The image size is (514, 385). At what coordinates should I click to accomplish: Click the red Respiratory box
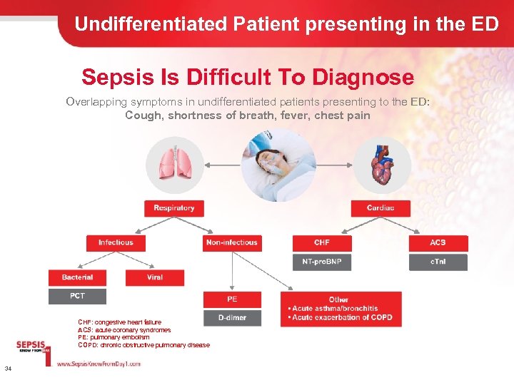[x=173, y=207]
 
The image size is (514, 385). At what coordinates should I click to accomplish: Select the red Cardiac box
[x=381, y=207]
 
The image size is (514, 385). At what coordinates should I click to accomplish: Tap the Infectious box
[x=116, y=242]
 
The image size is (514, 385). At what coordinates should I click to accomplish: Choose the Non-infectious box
[x=232, y=242]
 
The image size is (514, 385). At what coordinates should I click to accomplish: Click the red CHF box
[x=322, y=242]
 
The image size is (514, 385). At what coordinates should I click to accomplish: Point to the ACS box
[x=438, y=242]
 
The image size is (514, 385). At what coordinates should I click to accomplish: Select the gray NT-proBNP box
[x=322, y=262]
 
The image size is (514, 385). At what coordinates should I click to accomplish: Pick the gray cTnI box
[x=438, y=262]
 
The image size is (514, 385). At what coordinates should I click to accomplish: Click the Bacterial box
[x=77, y=277]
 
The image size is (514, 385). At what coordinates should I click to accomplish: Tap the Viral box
[x=155, y=277]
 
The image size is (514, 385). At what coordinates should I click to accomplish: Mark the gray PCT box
[x=77, y=295]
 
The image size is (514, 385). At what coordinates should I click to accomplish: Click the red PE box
[x=232, y=299]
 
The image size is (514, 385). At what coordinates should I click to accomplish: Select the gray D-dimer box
[x=232, y=317]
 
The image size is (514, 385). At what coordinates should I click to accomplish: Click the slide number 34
[x=7, y=368]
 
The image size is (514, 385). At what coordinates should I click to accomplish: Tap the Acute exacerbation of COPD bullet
[x=341, y=317]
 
